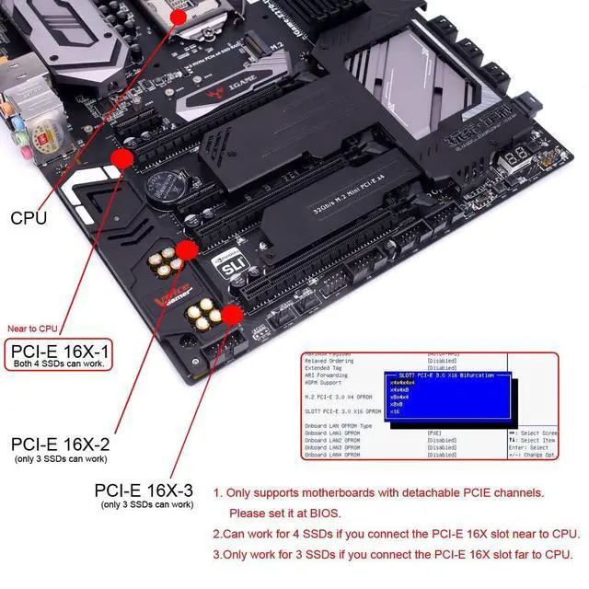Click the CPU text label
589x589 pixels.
(x=29, y=219)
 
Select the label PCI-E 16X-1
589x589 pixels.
(x=59, y=351)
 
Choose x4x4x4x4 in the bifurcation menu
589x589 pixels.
(x=402, y=382)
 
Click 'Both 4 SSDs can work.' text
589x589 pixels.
(x=58, y=364)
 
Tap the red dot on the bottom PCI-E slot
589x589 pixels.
(x=233, y=316)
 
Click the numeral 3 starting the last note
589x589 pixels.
(x=216, y=554)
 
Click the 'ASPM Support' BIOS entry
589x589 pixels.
(x=326, y=382)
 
